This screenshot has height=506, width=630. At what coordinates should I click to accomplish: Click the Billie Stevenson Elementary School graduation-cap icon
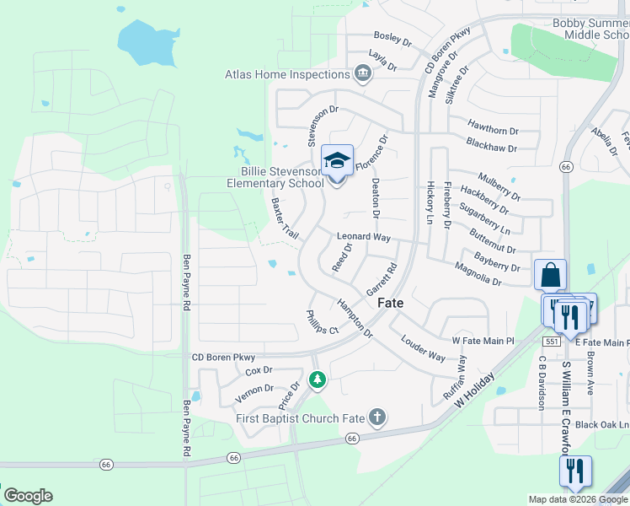[x=337, y=159]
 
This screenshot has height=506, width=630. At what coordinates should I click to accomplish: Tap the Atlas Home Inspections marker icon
[x=364, y=74]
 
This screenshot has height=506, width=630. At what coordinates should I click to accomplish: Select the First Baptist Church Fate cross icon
[x=377, y=417]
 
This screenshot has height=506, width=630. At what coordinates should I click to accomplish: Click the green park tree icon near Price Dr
[x=318, y=381]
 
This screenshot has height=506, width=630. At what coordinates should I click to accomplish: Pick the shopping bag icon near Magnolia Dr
[x=550, y=275]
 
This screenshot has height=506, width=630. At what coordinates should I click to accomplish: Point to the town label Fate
[x=390, y=303]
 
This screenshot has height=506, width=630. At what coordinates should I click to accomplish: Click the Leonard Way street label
[x=366, y=237]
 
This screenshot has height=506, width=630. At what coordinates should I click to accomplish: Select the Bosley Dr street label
[x=392, y=40]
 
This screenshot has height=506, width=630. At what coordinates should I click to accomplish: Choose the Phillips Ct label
[x=322, y=321]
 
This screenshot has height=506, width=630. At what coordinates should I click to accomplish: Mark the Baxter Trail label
[x=286, y=218]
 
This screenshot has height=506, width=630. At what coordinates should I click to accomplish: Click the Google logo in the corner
[x=27, y=496]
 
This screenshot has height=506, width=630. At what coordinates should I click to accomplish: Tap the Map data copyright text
[x=579, y=499]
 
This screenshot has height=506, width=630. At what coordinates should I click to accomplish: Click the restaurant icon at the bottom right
[x=575, y=471]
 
